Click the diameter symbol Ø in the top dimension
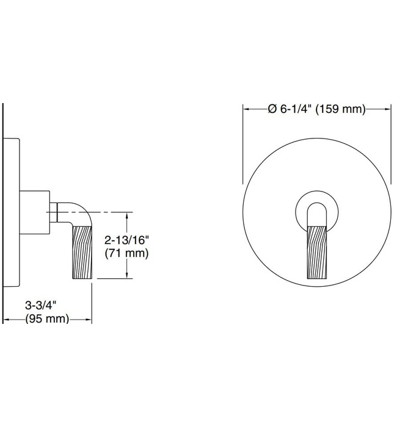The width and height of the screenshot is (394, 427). coord(272,109)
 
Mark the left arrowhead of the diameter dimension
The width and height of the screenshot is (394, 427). coord(247,109)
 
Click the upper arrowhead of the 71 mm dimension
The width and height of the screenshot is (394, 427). coord(127,215)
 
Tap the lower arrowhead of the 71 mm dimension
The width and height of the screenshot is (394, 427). coord(127,276)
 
